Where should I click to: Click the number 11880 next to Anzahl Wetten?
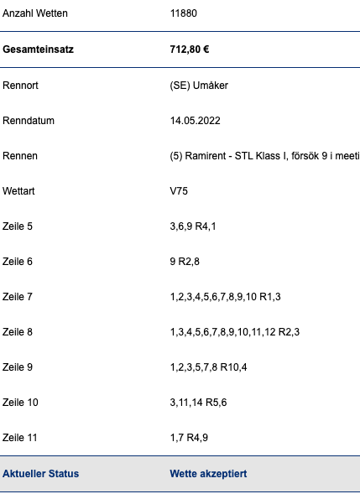coord(184,13)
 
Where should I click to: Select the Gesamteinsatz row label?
coord(38,49)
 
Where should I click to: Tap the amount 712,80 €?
coord(190,49)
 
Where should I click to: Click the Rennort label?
coord(20,86)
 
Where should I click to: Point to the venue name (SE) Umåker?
coord(199,86)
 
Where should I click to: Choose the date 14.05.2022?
coord(196,121)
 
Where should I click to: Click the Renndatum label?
coord(29,121)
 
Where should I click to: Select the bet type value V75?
coord(179,191)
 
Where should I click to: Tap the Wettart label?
coord(18,191)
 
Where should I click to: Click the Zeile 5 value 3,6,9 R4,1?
coord(193,226)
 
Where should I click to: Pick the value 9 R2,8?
coord(185,262)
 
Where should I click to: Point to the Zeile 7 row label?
coord(18,297)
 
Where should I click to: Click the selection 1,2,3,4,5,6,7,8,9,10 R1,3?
coord(226,297)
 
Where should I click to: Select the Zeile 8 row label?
coord(18,332)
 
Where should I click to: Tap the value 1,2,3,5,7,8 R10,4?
coord(208,367)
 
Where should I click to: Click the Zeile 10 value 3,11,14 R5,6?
coord(198,403)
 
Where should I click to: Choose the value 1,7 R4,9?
coord(189,438)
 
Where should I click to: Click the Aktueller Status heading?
coord(40,474)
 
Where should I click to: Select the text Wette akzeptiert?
coord(208,474)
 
